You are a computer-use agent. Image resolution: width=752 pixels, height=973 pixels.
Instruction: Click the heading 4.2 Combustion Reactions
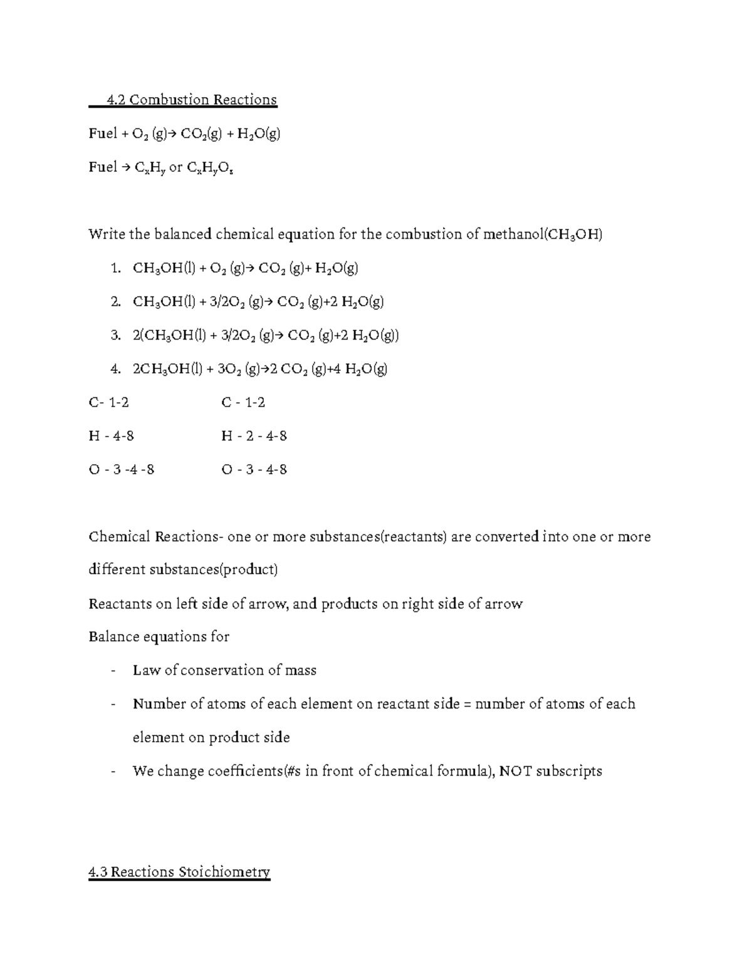pyautogui.click(x=191, y=100)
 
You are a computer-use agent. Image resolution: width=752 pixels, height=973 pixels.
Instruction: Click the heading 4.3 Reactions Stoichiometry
pyautogui.click(x=179, y=872)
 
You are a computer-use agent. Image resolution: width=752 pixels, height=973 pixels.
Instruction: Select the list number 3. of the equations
pyautogui.click(x=115, y=336)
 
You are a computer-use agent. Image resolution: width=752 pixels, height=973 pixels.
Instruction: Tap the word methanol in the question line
pyautogui.click(x=514, y=234)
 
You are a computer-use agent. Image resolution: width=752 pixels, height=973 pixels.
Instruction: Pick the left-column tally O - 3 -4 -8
pyautogui.click(x=122, y=469)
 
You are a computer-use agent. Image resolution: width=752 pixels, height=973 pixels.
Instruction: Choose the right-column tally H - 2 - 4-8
pyautogui.click(x=254, y=436)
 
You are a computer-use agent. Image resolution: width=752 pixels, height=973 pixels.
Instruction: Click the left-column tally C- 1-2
pyautogui.click(x=109, y=402)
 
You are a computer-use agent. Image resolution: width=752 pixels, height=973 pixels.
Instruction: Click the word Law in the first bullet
pyautogui.click(x=146, y=670)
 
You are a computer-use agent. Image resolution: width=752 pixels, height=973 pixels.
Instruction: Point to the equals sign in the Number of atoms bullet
pyautogui.click(x=467, y=704)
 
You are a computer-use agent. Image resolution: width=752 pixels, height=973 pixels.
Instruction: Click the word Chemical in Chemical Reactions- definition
pyautogui.click(x=120, y=537)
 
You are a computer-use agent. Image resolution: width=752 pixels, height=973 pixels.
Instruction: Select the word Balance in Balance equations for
pyautogui.click(x=114, y=637)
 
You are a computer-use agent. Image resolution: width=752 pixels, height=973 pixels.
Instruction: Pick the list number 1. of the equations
pyautogui.click(x=115, y=269)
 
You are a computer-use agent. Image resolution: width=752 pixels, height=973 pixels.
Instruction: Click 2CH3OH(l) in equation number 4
pyautogui.click(x=169, y=370)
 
